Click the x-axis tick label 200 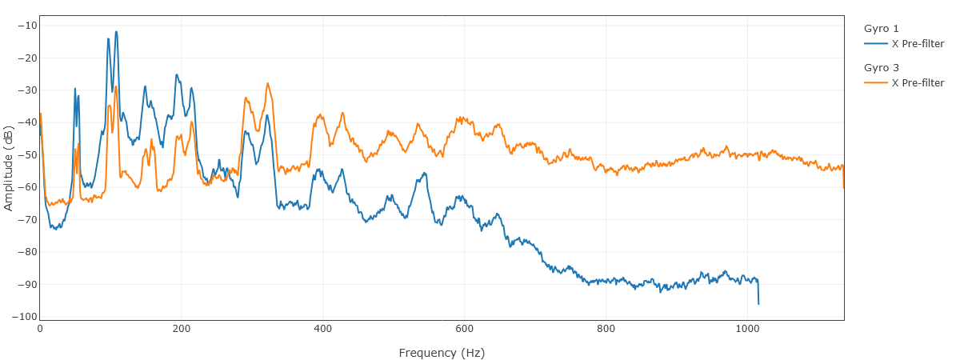pyautogui.click(x=182, y=328)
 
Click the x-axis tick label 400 pyautogui.click(x=323, y=328)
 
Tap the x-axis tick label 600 pyautogui.click(x=464, y=328)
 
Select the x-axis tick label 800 pyautogui.click(x=606, y=328)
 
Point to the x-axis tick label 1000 pyautogui.click(x=747, y=328)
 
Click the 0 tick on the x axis pyautogui.click(x=40, y=328)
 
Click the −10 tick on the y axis pyautogui.click(x=27, y=26)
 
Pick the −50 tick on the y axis pyautogui.click(x=27, y=154)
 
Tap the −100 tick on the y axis pyautogui.click(x=25, y=316)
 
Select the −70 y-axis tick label pyautogui.click(x=27, y=219)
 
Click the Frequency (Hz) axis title pyautogui.click(x=442, y=353)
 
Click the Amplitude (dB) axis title pyautogui.click(x=9, y=168)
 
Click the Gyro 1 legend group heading pyautogui.click(x=882, y=29)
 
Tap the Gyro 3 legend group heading pyautogui.click(x=882, y=68)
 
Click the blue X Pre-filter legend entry pyautogui.click(x=917, y=43)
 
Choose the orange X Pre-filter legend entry pyautogui.click(x=917, y=82)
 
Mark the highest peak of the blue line pyautogui.click(x=116, y=32)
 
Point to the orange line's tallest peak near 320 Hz pyautogui.click(x=268, y=83)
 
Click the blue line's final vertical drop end pyautogui.click(x=758, y=304)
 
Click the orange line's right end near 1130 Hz pyautogui.click(x=844, y=187)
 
